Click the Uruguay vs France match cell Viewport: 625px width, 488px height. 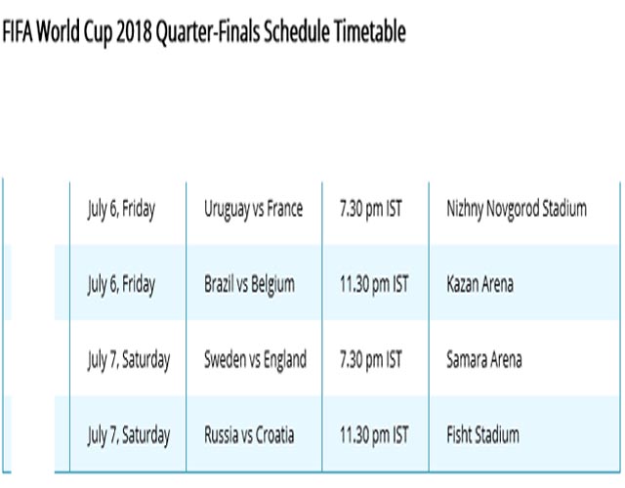point(254,209)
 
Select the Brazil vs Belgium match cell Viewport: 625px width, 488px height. point(250,284)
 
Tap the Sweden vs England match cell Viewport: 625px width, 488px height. point(256,359)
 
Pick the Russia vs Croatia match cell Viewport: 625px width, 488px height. point(250,434)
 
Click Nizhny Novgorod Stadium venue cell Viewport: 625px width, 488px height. point(517,209)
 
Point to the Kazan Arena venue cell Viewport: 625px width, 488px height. point(479,284)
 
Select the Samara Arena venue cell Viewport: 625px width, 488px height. point(484,359)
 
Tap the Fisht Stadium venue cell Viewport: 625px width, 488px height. point(482,434)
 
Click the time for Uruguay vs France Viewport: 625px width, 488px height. point(371,209)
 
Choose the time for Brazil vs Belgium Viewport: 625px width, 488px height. point(374,284)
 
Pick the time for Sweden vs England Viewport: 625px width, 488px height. point(371,359)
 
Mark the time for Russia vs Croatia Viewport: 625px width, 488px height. point(374,434)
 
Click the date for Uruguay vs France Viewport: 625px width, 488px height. point(121,209)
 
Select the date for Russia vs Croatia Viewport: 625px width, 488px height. point(129,435)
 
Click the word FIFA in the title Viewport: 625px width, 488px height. point(18,31)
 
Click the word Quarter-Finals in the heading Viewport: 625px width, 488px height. point(208,32)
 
